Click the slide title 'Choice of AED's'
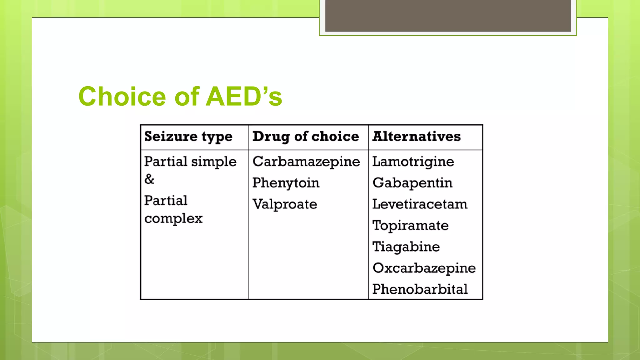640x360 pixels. coord(180,96)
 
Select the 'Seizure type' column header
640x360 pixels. coord(188,137)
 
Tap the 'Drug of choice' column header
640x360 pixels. coord(305,137)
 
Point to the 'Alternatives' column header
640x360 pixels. coord(416,137)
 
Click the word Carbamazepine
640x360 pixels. coord(306,162)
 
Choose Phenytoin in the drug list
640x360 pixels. coord(286,183)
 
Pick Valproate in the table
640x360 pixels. coord(285,204)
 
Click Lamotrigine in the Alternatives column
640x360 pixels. coord(413,162)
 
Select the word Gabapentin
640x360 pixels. coord(412,183)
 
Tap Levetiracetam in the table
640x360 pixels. coord(420,204)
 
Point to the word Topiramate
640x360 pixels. coord(410,226)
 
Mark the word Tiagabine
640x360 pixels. coord(406,247)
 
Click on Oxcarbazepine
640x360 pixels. coord(424,268)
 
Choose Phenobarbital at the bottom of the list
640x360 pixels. coord(420,289)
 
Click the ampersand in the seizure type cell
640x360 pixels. coord(149,179)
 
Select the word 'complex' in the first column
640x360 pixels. coord(173,218)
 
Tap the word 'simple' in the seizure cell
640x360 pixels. coord(214,162)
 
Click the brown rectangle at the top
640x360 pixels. coord(448,16)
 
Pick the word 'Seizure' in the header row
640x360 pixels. coord(171,137)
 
